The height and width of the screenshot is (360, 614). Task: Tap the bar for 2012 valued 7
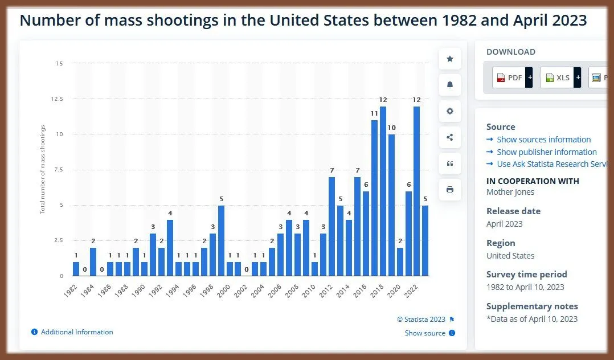[331, 226]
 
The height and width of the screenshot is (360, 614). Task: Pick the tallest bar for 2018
[383, 191]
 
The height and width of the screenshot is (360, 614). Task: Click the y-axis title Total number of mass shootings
[43, 169]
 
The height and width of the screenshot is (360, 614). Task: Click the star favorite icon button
[450, 59]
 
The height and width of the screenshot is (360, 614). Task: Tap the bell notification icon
[450, 85]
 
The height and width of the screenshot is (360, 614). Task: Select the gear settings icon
[450, 111]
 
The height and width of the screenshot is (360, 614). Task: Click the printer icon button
[450, 190]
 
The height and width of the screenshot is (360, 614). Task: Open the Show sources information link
[543, 140]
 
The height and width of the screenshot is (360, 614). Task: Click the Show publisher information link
[546, 152]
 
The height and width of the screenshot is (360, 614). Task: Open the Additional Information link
[77, 332]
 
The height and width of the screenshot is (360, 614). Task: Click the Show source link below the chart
[425, 333]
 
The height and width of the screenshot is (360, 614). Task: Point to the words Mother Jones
[510, 192]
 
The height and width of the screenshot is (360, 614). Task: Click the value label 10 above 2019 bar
[391, 128]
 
